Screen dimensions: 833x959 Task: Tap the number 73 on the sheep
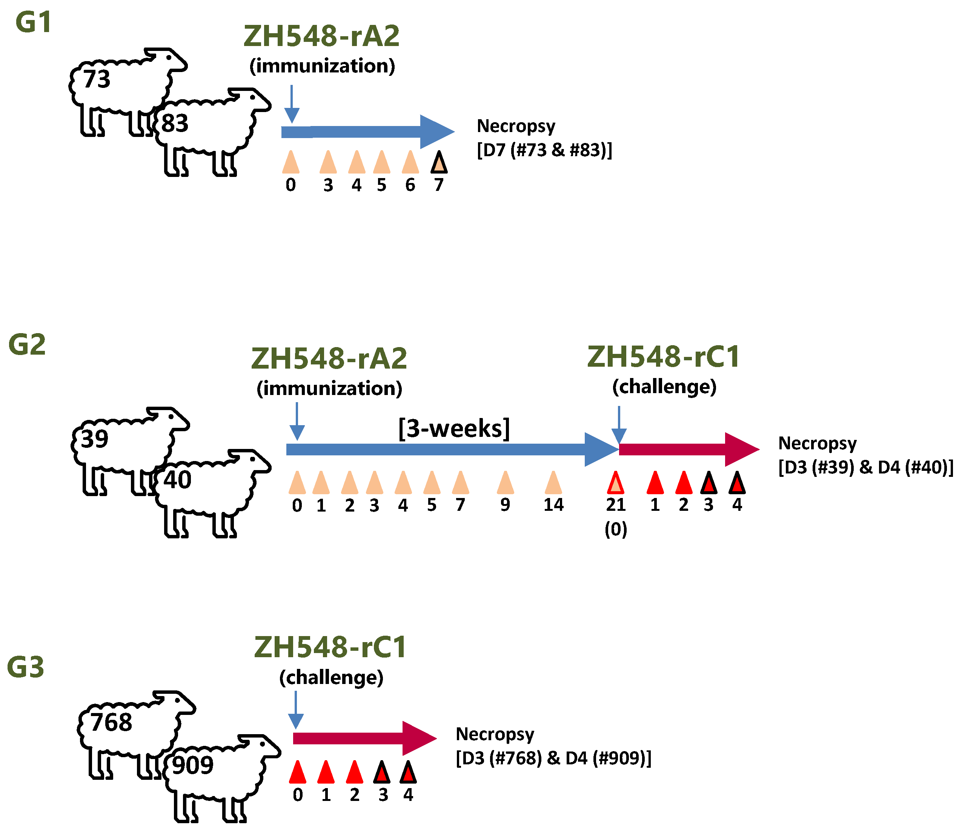(x=97, y=78)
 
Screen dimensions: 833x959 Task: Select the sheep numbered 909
(x=218, y=776)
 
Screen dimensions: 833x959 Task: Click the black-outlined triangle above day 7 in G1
(x=439, y=163)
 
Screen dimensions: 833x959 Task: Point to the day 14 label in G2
(x=553, y=505)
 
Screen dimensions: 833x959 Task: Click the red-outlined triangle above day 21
(x=615, y=483)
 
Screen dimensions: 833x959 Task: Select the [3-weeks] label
(x=454, y=428)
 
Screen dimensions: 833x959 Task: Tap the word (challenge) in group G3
(x=331, y=677)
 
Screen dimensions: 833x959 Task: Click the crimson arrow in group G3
(x=363, y=738)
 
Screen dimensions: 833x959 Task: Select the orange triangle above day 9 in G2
(x=505, y=483)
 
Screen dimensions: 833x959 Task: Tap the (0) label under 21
(x=615, y=529)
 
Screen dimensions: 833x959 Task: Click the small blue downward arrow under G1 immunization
(x=292, y=105)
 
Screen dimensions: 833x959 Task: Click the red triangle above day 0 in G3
(x=298, y=773)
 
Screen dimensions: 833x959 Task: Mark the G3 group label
(x=26, y=667)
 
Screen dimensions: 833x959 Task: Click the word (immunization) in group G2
(x=329, y=388)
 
